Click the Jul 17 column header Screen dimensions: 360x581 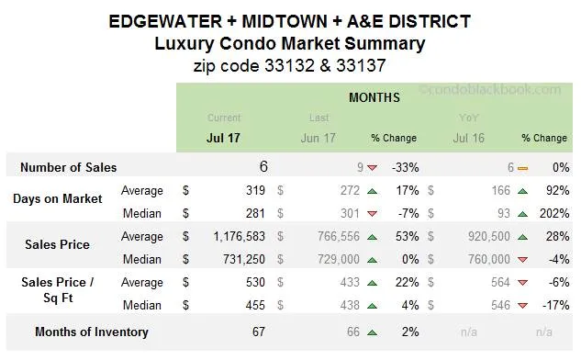pos(224,138)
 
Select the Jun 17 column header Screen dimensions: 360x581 pos(318,138)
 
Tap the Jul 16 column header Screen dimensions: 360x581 pos(470,138)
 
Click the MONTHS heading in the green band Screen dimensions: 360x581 pos(374,96)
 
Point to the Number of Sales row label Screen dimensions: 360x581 pos(69,168)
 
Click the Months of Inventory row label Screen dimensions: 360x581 pos(91,332)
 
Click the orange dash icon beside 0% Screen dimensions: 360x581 pos(522,168)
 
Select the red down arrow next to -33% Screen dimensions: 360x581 pos(372,168)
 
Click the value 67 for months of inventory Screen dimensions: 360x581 pos(259,332)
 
